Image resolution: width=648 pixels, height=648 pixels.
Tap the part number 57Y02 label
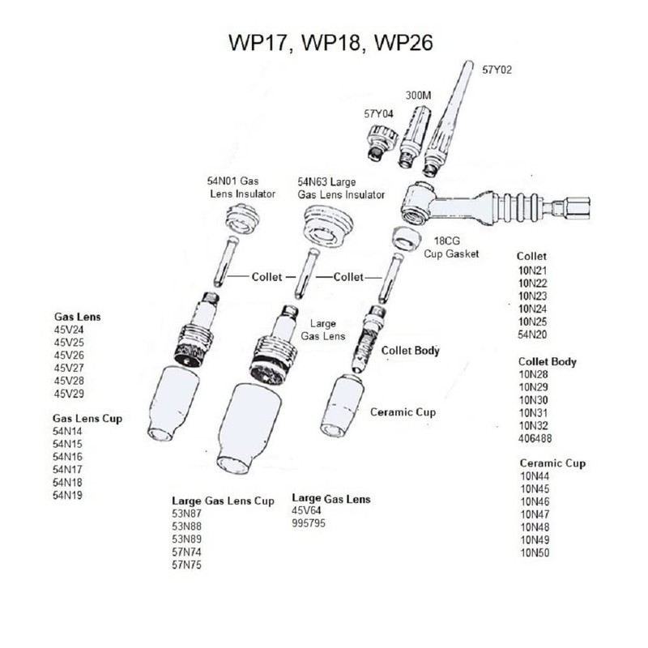coord(498,70)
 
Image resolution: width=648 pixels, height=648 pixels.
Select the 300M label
coord(417,96)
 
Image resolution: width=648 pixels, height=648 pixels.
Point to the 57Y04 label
coord(379,114)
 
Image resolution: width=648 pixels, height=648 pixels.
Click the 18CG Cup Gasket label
coord(452,248)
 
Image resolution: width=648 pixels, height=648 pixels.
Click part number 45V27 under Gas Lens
coord(69,368)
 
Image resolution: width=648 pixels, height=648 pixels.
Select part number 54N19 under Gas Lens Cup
coord(68,495)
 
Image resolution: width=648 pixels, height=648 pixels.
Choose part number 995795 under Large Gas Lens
coord(309,523)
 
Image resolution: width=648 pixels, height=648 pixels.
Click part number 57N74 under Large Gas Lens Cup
coord(186,552)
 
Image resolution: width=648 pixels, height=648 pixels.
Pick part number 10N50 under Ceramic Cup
coord(535,552)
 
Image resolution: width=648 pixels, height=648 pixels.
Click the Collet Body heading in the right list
coord(548,361)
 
